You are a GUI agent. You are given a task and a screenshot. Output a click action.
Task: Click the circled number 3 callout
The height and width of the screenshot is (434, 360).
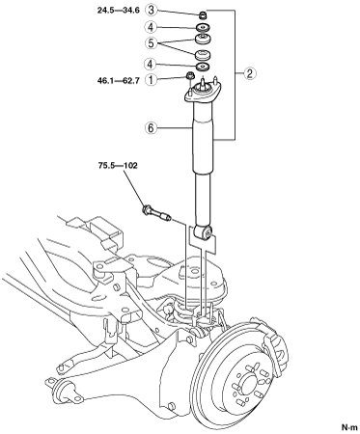(152, 10)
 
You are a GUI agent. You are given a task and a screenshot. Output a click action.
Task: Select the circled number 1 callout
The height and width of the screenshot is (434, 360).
(152, 80)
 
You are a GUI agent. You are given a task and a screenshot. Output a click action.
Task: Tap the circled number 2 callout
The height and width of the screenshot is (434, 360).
(250, 73)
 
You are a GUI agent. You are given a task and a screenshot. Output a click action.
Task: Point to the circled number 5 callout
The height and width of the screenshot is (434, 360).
(152, 42)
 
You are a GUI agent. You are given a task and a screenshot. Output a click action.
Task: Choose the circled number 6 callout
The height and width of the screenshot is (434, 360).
(152, 128)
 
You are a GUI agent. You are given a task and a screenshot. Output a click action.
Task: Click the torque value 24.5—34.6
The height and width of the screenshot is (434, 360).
(119, 11)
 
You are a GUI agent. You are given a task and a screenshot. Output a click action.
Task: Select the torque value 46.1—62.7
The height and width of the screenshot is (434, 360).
(119, 80)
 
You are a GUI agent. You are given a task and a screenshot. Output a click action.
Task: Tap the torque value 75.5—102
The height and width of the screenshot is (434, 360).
(118, 166)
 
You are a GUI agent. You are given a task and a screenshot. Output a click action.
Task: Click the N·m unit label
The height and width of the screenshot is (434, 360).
(349, 427)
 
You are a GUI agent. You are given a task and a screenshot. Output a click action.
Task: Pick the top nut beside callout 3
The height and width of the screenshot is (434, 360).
(203, 14)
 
